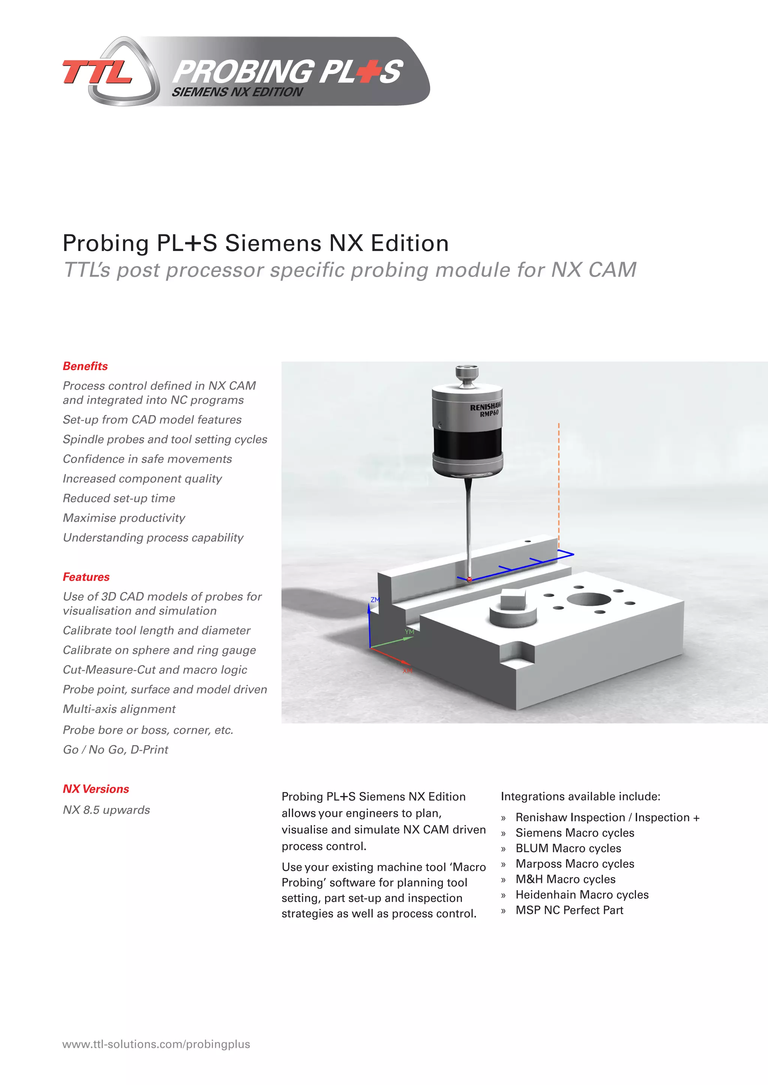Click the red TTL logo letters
click(97, 72)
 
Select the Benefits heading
click(85, 366)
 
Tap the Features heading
click(86, 577)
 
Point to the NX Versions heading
click(96, 789)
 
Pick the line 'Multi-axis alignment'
click(119, 709)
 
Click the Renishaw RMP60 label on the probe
click(486, 409)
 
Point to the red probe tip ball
click(469, 579)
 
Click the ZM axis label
click(375, 600)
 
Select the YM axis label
click(409, 632)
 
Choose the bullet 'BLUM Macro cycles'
click(568, 848)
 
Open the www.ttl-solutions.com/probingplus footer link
click(156, 1044)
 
